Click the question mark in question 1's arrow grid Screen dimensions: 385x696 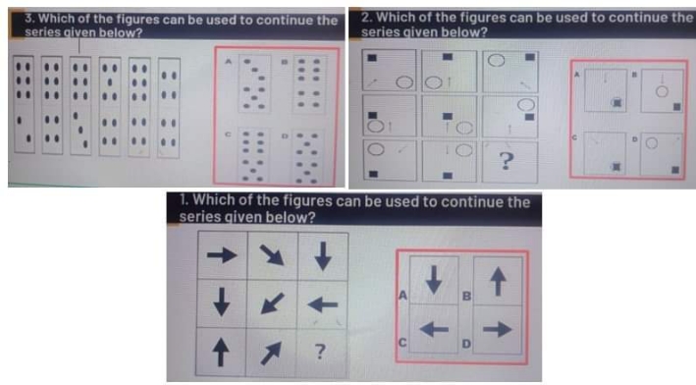point(320,350)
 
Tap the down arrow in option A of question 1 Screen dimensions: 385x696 point(434,281)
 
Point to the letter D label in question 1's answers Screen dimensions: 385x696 point(467,343)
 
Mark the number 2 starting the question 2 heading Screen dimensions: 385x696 point(366,18)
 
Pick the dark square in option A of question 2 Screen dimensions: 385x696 point(615,102)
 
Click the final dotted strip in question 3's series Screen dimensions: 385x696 point(169,106)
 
